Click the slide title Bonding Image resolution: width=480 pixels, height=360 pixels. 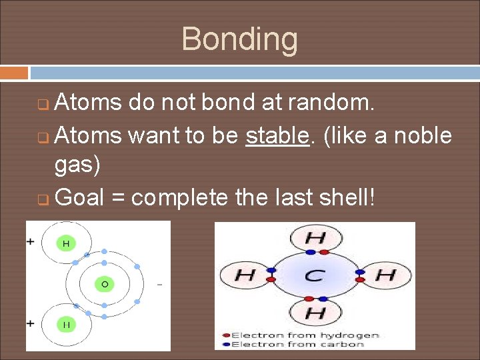(239, 39)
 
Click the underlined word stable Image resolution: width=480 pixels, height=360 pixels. (276, 136)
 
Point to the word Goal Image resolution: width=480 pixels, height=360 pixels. (79, 197)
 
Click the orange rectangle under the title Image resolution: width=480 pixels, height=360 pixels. (14, 72)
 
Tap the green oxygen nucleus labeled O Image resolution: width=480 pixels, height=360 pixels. (104, 284)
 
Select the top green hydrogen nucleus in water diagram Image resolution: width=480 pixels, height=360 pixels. (66, 244)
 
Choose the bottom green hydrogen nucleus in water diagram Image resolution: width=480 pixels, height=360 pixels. (66, 325)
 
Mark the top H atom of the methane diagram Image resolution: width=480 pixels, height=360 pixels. (315, 238)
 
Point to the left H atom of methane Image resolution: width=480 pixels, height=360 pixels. (245, 275)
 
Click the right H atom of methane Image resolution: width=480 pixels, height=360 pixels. (385, 275)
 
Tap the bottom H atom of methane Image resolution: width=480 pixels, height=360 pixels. (315, 312)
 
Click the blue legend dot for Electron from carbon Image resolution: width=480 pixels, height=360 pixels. (226, 344)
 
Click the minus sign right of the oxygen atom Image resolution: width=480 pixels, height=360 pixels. (159, 285)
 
